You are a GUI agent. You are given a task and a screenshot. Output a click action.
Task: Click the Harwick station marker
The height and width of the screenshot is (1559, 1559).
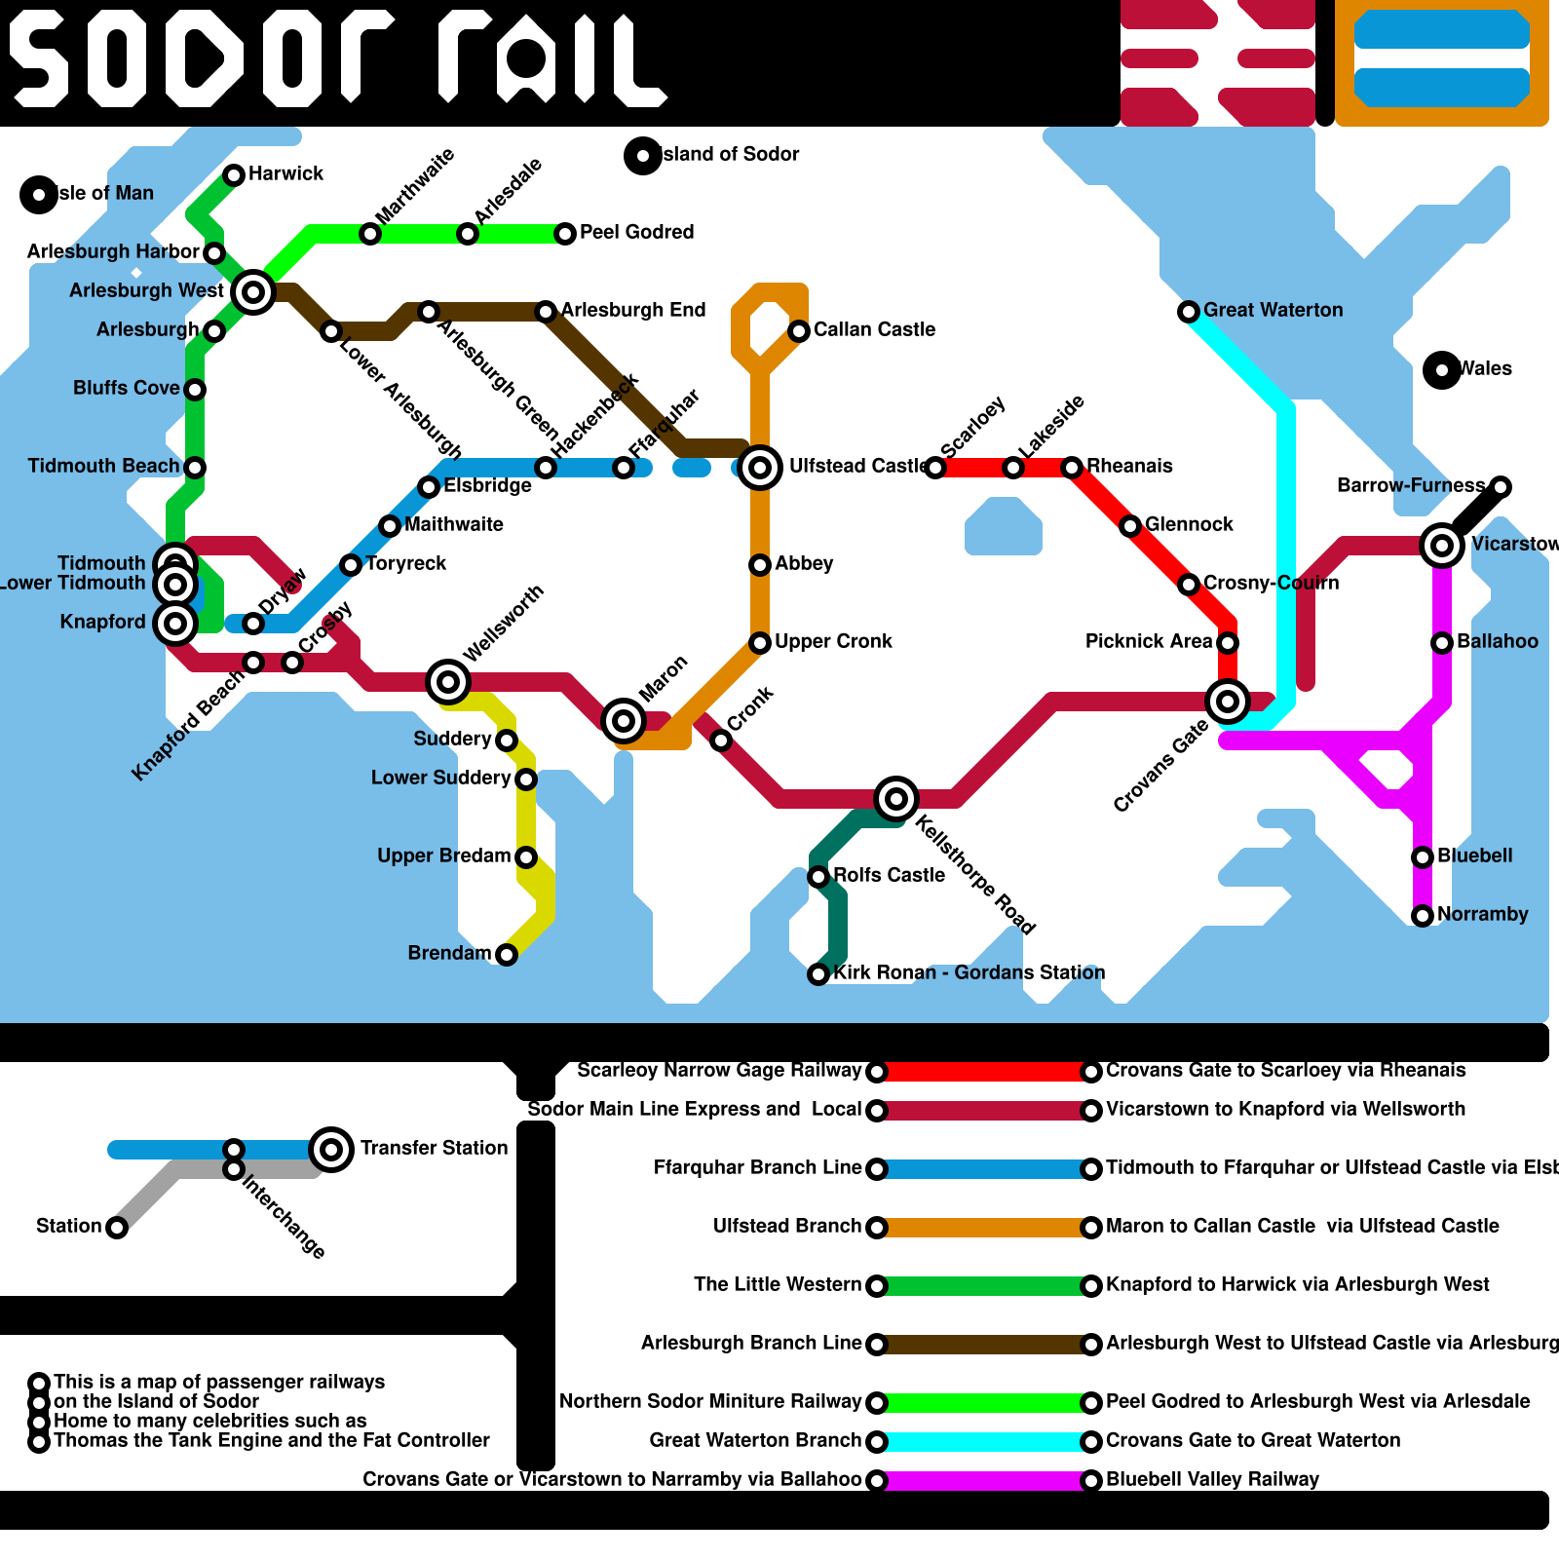click(234, 175)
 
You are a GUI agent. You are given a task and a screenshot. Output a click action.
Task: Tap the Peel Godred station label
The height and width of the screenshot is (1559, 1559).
click(636, 232)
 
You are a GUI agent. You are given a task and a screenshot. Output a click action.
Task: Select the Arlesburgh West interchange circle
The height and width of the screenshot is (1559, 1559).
click(253, 291)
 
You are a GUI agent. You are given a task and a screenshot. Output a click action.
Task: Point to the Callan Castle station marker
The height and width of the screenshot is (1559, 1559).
click(799, 331)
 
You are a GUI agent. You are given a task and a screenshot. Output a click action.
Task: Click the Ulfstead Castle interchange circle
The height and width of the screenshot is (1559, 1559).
click(760, 468)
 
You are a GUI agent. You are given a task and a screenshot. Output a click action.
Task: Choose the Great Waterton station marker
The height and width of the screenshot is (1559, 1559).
click(1189, 312)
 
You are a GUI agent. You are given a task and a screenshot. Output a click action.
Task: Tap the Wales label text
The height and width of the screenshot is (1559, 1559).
click(1485, 368)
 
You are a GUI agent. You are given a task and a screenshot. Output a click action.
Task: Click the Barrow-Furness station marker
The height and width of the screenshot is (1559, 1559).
click(1501, 487)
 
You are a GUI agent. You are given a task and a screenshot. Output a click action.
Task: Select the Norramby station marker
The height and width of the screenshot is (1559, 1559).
click(1423, 916)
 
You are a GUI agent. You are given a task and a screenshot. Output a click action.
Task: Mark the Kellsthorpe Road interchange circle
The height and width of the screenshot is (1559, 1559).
click(896, 799)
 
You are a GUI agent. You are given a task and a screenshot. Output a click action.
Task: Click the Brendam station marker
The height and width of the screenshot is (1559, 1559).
click(507, 955)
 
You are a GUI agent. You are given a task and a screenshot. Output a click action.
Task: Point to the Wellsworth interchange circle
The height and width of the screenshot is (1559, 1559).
click(448, 682)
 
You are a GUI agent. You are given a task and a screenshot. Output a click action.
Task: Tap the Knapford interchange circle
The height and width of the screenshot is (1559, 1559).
click(175, 624)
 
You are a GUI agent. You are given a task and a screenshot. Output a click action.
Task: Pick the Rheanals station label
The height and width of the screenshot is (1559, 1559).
click(1129, 466)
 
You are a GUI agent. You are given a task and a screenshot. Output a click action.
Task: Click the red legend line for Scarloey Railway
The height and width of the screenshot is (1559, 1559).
click(984, 1072)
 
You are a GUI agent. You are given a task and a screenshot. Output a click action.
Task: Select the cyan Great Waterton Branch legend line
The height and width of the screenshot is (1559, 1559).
click(984, 1442)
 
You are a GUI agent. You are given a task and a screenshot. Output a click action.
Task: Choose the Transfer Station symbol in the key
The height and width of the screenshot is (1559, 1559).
click(331, 1150)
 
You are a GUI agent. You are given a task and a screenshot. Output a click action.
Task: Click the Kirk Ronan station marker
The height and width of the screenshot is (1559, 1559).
click(818, 974)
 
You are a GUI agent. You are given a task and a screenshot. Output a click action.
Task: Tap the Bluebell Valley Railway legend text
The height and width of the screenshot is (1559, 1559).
click(1212, 1479)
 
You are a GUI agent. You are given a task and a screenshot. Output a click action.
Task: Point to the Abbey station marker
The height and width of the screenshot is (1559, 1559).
click(760, 565)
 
